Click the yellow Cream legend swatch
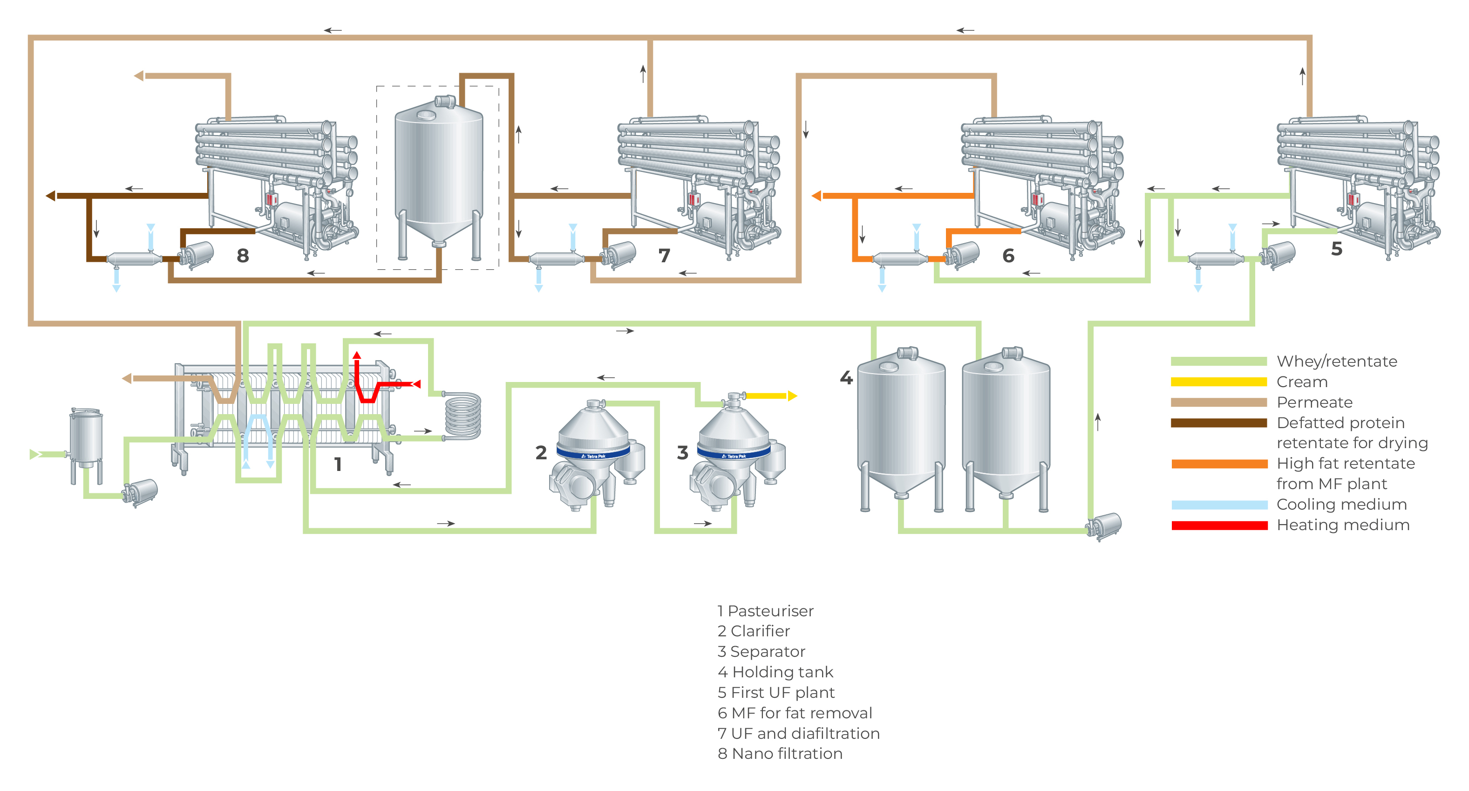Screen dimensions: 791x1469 click(x=1218, y=382)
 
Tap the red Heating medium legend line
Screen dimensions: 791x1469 click(x=1218, y=525)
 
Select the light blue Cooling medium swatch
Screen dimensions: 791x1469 click(x=1218, y=505)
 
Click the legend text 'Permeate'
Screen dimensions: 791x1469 click(x=1314, y=402)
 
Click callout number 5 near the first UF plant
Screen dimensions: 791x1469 click(x=1337, y=249)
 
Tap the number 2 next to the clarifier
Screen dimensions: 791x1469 click(x=541, y=453)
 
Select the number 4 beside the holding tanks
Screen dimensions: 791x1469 click(x=846, y=377)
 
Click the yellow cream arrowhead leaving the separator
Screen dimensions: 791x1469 click(x=792, y=396)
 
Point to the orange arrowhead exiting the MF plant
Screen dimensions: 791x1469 click(x=816, y=196)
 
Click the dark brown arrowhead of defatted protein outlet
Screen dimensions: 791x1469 click(x=51, y=196)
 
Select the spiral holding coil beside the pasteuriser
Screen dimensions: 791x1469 click(x=462, y=415)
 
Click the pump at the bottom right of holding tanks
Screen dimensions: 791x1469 click(x=1105, y=526)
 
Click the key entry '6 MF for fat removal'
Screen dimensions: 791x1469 click(x=795, y=713)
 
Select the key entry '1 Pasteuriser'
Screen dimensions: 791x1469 click(x=765, y=611)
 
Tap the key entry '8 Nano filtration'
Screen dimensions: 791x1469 click(x=780, y=753)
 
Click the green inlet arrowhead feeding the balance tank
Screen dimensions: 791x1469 click(x=34, y=455)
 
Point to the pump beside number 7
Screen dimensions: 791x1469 click(x=619, y=254)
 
